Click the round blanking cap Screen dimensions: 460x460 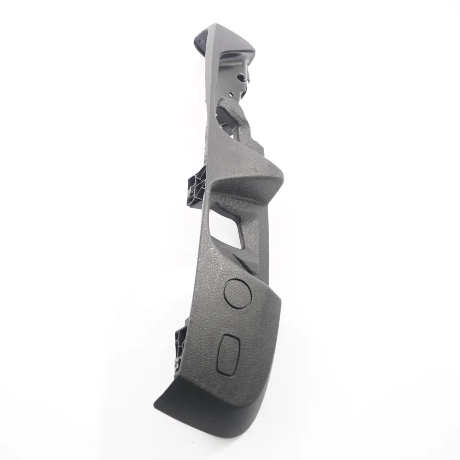[x=237, y=293]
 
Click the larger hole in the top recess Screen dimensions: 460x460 [x=241, y=78]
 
